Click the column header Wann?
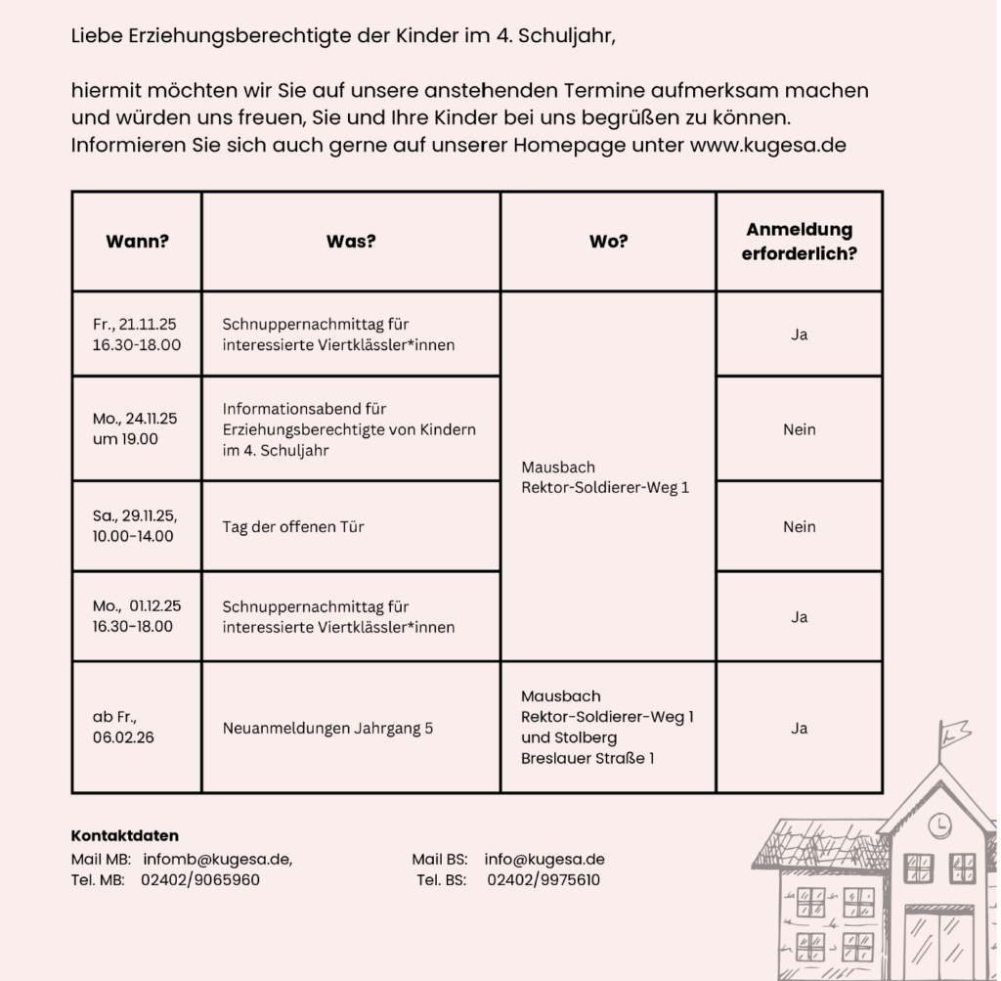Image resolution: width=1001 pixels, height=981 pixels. tap(137, 242)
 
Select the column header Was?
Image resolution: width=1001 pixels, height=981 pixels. tap(350, 242)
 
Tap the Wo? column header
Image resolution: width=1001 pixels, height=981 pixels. tap(608, 242)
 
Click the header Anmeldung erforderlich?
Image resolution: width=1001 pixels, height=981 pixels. tap(799, 242)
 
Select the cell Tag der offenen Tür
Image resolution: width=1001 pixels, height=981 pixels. tap(293, 526)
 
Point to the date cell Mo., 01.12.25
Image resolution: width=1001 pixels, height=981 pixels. tap(137, 616)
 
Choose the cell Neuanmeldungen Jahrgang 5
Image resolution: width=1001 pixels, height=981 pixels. tap(327, 728)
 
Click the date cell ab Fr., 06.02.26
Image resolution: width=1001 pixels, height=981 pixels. tap(123, 728)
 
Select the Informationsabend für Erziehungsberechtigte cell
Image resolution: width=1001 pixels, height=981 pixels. tap(349, 428)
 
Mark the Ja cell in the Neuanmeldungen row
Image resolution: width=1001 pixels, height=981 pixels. tap(799, 728)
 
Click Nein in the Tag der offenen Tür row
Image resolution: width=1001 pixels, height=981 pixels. tap(799, 526)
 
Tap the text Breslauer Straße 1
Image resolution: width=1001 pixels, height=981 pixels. tap(588, 758)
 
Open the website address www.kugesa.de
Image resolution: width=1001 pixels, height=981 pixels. tap(767, 146)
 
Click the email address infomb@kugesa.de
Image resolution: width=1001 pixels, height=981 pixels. tap(217, 859)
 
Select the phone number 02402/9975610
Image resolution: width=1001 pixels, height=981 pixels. tap(544, 879)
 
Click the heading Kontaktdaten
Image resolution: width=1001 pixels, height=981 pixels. tap(125, 836)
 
